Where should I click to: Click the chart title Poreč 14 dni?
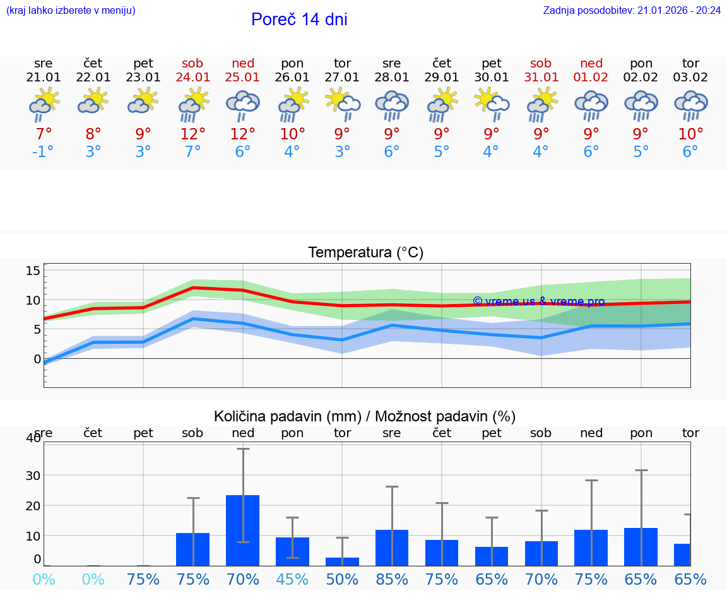[x=299, y=20]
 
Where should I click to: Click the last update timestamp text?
[x=632, y=11]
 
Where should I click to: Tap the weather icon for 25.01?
[x=243, y=105]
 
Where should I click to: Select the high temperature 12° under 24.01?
[x=193, y=134]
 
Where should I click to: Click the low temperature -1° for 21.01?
[x=44, y=152]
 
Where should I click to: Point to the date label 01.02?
[x=591, y=78]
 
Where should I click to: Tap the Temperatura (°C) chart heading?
[x=365, y=253]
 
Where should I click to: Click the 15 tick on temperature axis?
[x=33, y=271]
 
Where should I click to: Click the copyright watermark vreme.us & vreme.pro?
[x=538, y=302]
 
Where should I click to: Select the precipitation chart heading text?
[x=365, y=416]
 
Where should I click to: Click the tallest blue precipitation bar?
[x=243, y=530]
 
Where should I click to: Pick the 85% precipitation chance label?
[x=392, y=579]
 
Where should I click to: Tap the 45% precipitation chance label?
[x=292, y=579]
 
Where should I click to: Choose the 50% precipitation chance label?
[x=342, y=579]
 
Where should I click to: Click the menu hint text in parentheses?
[x=71, y=11]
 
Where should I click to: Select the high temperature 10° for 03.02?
[x=690, y=134]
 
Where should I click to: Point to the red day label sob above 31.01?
[x=541, y=63]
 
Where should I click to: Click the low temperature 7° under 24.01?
[x=193, y=152]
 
